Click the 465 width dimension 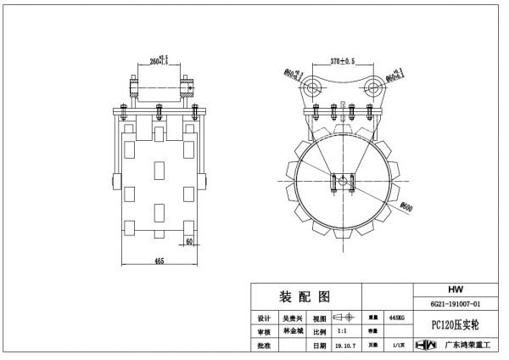tap(159, 262)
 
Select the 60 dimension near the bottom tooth tap(192, 242)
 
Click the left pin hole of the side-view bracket tap(313, 88)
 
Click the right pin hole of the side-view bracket tap(372, 88)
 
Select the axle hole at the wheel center tap(342, 179)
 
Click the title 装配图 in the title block tap(305, 295)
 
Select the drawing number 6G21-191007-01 tap(456, 303)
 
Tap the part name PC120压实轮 tap(456, 323)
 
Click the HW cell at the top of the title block tap(456, 289)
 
